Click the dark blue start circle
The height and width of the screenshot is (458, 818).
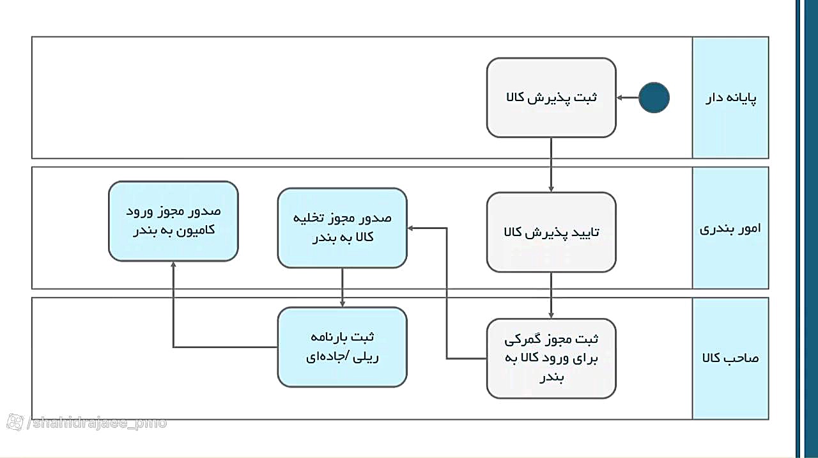click(654, 98)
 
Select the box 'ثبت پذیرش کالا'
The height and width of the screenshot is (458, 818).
click(552, 98)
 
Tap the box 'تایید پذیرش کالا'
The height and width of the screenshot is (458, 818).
click(552, 232)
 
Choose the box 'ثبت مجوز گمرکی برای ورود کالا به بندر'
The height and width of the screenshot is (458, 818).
click(552, 358)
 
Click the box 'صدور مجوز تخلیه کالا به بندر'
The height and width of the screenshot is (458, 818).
click(342, 228)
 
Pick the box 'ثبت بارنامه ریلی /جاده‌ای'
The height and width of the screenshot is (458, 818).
click(342, 347)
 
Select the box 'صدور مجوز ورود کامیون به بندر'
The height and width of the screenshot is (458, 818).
click(173, 221)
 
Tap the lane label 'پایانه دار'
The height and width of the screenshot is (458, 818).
click(730, 98)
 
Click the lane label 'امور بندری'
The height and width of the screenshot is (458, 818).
click(730, 229)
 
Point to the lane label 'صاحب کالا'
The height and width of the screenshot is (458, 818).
click(730, 358)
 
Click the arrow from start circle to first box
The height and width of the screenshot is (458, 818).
click(628, 98)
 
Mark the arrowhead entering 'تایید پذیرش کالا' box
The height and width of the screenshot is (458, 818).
click(551, 189)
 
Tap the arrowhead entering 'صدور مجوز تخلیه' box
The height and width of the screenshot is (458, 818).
click(410, 228)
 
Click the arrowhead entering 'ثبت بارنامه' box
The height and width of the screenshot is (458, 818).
click(342, 304)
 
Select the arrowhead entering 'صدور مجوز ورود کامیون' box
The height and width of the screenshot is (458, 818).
click(173, 265)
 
